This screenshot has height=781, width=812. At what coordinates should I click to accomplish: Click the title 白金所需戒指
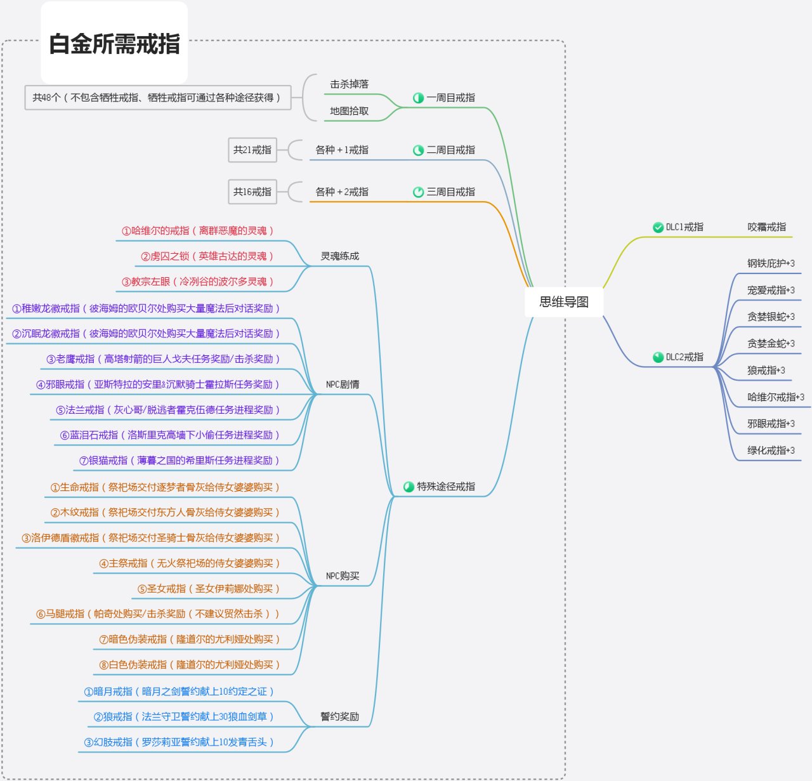114,44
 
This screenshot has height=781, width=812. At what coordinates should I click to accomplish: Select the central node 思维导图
564,302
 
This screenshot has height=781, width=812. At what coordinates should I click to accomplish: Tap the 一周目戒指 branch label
450,98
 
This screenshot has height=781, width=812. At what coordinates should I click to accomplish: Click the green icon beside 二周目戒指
418,150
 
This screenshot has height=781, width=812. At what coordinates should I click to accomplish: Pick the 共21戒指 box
252,150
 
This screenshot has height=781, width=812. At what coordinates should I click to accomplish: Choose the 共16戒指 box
252,192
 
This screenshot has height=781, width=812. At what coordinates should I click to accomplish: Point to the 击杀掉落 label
349,84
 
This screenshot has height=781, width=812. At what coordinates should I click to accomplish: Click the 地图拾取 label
349,111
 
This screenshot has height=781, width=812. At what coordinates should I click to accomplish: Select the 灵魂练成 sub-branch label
339,256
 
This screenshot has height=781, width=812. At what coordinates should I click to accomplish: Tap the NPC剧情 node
343,384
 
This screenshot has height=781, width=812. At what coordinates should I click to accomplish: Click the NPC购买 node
343,576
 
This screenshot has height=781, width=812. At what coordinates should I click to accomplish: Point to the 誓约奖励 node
339,717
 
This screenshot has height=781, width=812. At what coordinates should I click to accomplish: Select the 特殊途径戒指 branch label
445,487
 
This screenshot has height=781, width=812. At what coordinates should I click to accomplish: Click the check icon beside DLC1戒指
658,227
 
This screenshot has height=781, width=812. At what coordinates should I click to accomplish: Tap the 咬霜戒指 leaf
766,227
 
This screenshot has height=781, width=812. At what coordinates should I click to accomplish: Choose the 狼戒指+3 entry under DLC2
766,371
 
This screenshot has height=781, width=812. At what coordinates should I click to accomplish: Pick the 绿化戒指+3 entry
770,450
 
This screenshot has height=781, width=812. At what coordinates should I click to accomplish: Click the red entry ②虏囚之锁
207,256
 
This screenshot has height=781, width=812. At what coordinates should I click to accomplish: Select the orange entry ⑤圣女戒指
208,589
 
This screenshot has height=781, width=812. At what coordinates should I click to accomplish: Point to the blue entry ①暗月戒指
179,692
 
